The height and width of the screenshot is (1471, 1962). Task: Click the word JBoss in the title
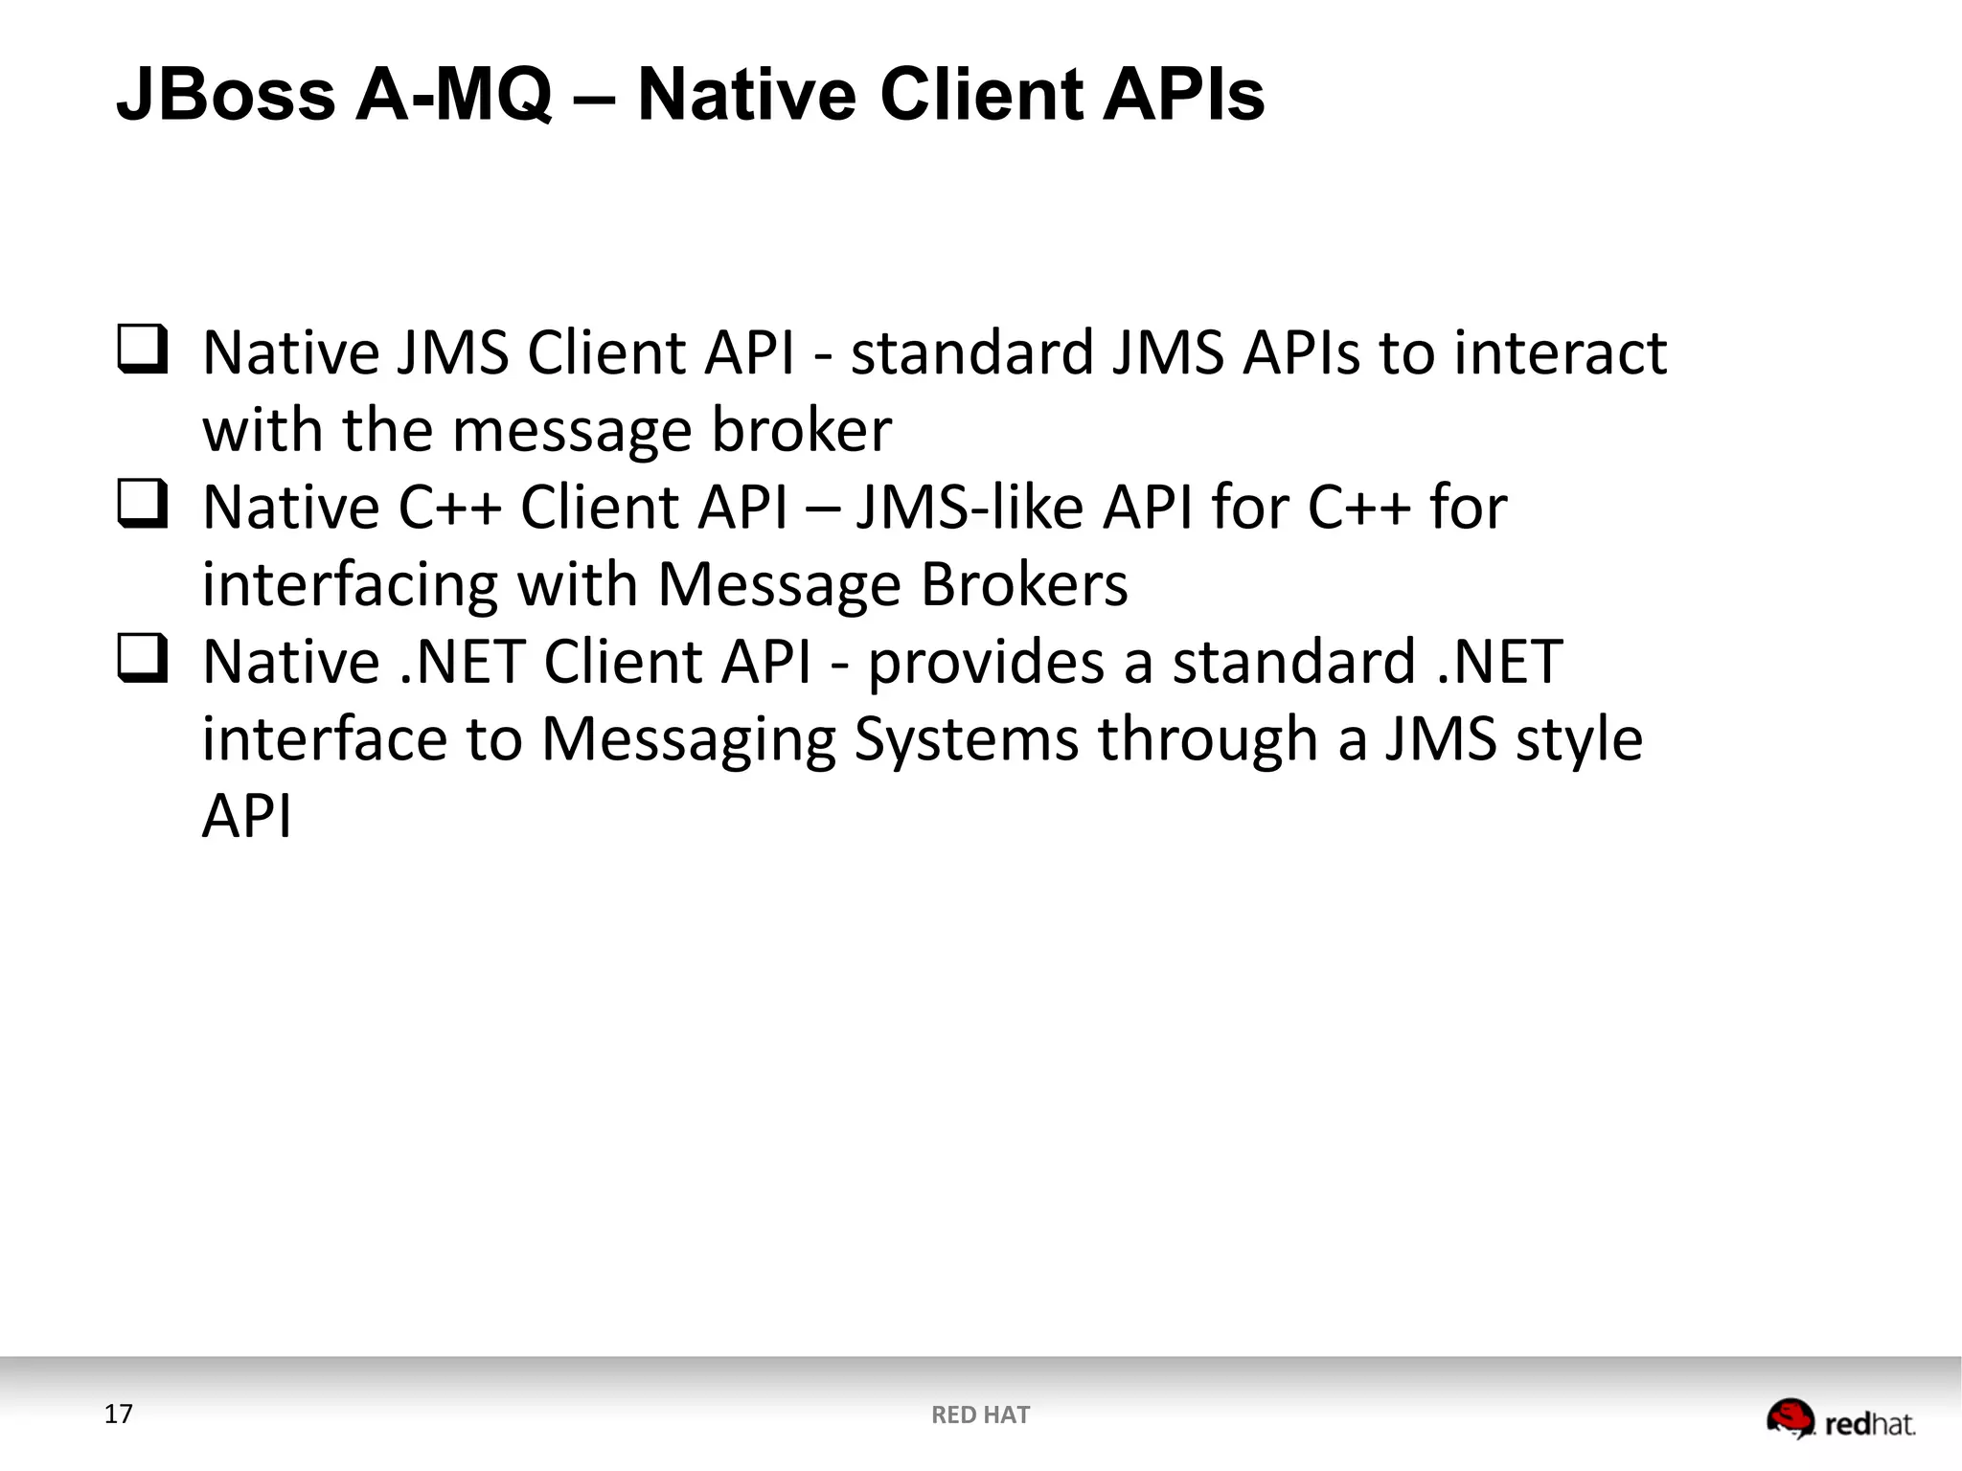(226, 96)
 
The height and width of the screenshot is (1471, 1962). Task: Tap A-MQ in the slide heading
(454, 96)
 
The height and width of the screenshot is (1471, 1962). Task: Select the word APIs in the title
(1184, 96)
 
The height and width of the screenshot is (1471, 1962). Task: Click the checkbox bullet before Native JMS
(143, 350)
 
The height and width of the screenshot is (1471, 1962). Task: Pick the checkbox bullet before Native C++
(143, 505)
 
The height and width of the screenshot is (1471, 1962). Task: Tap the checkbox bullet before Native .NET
(143, 659)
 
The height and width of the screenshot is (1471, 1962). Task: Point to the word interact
(1561, 352)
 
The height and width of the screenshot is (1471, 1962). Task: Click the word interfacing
(350, 585)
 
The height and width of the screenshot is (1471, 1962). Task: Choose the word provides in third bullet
(986, 663)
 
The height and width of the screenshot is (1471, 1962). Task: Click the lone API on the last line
(246, 817)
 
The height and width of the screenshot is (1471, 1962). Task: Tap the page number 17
(118, 1414)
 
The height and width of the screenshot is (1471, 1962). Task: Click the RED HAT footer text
(980, 1415)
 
